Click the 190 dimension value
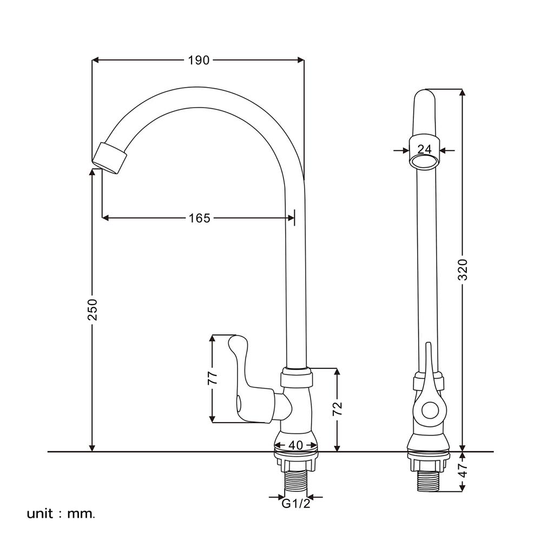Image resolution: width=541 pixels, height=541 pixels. click(x=199, y=60)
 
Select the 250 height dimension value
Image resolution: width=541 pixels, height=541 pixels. click(x=93, y=309)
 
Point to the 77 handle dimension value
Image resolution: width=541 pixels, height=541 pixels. click(x=213, y=377)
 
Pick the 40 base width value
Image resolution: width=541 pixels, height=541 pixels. click(x=295, y=445)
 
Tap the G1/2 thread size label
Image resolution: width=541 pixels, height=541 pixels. click(x=295, y=504)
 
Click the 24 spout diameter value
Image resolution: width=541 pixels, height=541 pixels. click(x=425, y=150)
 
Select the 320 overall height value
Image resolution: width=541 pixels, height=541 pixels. click(x=463, y=269)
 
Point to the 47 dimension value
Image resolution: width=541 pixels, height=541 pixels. click(x=463, y=471)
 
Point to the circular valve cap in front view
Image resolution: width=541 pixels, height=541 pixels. click(x=430, y=412)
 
